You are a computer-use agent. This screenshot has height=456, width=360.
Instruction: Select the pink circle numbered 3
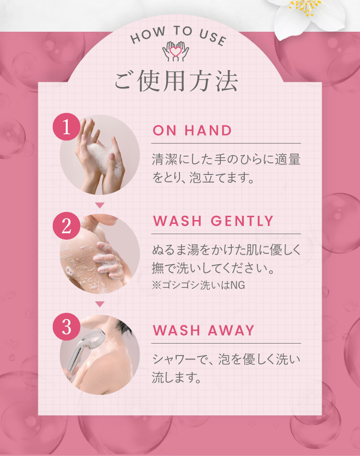click(x=68, y=327)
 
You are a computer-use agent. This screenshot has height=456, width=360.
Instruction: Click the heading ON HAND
click(x=192, y=130)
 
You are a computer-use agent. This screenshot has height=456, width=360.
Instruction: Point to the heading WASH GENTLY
click(x=213, y=221)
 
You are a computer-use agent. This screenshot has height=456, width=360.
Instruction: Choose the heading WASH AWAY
click(x=203, y=331)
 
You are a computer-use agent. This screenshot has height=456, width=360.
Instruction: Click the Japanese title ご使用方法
click(x=176, y=82)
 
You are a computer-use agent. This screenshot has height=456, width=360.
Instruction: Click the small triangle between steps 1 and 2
click(x=100, y=205)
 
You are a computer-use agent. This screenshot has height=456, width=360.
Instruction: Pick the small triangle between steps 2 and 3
click(x=100, y=304)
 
